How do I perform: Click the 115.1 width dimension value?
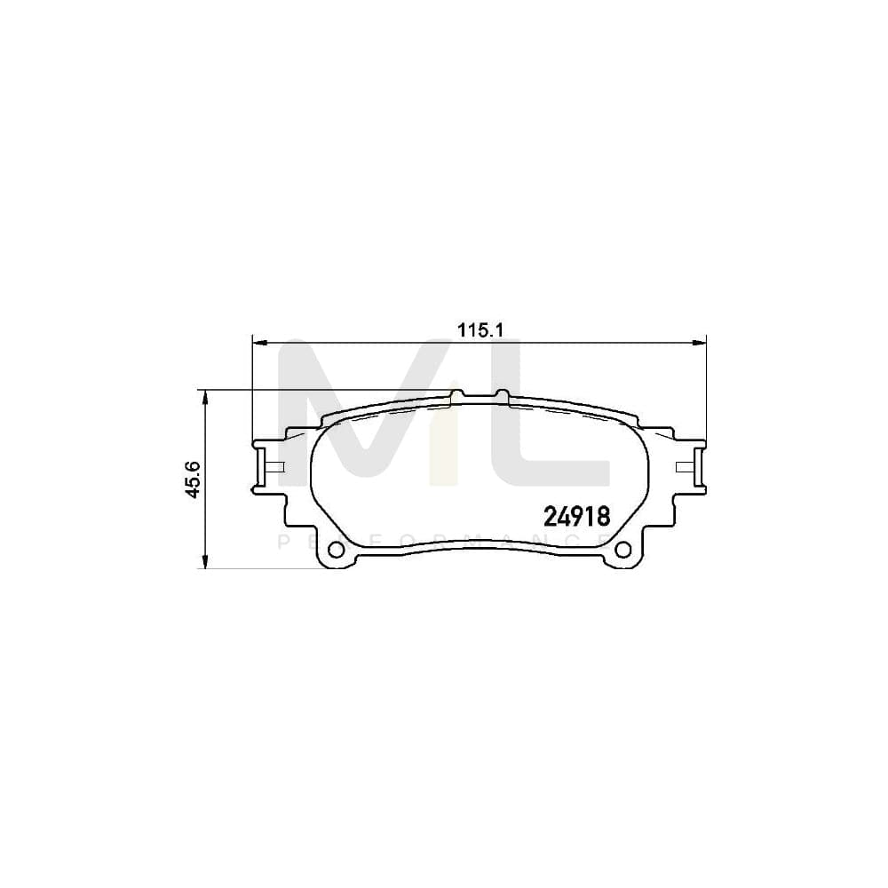(480, 330)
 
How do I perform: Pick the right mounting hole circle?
(623, 549)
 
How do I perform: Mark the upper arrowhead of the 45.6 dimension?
(206, 395)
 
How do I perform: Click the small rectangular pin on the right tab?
(684, 467)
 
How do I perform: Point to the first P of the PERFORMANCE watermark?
(283, 542)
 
